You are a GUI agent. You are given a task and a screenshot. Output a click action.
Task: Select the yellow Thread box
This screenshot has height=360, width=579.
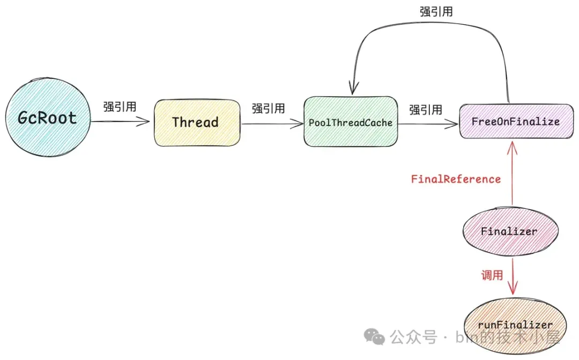coord(196,122)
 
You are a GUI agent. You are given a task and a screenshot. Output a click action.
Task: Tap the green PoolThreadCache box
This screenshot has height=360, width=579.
coord(351,122)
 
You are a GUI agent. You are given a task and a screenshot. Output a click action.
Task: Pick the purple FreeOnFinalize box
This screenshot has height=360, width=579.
coord(516,121)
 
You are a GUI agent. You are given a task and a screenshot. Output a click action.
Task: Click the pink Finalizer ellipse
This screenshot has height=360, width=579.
coord(509,232)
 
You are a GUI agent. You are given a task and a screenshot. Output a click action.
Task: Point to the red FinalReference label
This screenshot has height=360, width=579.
coord(456,179)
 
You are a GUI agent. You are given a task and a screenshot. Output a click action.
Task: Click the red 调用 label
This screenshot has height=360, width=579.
coord(491,275)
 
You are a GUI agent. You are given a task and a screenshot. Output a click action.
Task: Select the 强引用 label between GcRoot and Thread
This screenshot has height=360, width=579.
coord(120,106)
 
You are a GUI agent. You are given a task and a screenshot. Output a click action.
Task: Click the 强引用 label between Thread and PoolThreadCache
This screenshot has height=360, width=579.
coord(268,108)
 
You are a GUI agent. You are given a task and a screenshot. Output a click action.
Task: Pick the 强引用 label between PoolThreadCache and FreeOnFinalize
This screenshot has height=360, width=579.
coord(426,110)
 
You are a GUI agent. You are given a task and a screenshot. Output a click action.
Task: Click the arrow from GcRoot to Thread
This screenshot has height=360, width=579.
coord(120,122)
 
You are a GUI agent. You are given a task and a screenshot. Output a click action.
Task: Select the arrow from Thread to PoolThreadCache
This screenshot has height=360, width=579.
coord(272,123)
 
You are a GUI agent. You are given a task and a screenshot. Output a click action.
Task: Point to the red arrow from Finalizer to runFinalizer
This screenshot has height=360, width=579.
coord(514,276)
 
